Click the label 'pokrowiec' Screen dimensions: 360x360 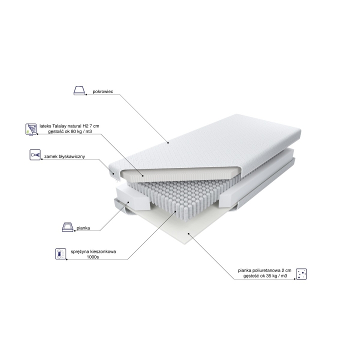click(103, 91)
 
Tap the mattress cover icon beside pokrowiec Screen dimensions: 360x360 click(79, 90)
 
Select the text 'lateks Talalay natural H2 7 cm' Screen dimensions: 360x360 click(69, 126)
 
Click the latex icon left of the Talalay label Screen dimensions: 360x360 click(31, 129)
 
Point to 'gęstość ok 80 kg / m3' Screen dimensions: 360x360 click(70, 131)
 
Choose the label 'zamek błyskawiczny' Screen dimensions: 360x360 click(64, 156)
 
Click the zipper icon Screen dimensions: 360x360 click(35, 154)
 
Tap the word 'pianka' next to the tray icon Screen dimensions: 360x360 click(83, 228)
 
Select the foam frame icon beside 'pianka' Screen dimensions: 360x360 click(67, 227)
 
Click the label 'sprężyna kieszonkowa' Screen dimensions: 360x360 click(93, 251)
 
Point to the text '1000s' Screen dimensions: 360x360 click(93, 257)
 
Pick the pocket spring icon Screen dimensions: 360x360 click(61, 254)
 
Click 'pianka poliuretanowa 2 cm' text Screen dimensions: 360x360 click(264, 270)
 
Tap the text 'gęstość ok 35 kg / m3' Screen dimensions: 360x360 click(265, 275)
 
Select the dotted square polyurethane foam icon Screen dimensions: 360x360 click(301, 274)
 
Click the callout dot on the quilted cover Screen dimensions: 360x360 click(168, 143)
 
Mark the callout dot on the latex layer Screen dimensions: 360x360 click(143, 176)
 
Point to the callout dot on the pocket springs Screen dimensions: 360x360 click(175, 211)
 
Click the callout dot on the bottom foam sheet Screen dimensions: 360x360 click(188, 233)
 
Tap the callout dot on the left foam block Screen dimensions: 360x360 click(128, 202)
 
